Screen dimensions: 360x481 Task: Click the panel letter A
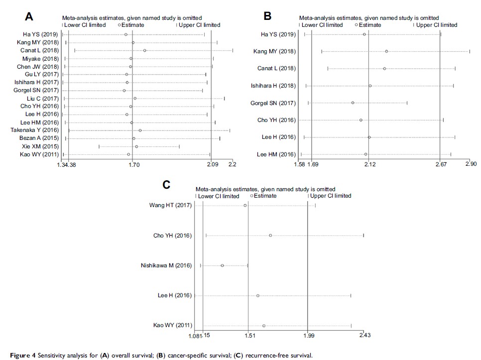coord(29,16)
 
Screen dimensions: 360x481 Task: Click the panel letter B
coord(267,16)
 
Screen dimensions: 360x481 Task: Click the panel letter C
coord(167,185)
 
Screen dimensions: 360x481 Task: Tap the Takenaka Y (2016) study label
coord(34,130)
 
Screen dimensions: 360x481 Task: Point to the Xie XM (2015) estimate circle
coord(136,146)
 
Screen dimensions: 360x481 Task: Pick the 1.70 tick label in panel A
coord(133,164)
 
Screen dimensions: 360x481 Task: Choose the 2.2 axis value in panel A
coord(232,164)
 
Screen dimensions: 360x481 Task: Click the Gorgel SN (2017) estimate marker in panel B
coord(353,103)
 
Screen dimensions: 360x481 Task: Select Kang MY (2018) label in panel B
coord(274,51)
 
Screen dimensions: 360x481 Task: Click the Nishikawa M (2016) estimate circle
coord(222,265)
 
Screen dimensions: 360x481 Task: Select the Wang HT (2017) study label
coord(171,205)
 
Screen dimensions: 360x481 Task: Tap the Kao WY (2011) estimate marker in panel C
coord(264,326)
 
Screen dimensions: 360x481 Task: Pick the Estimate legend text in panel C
coord(266,196)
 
